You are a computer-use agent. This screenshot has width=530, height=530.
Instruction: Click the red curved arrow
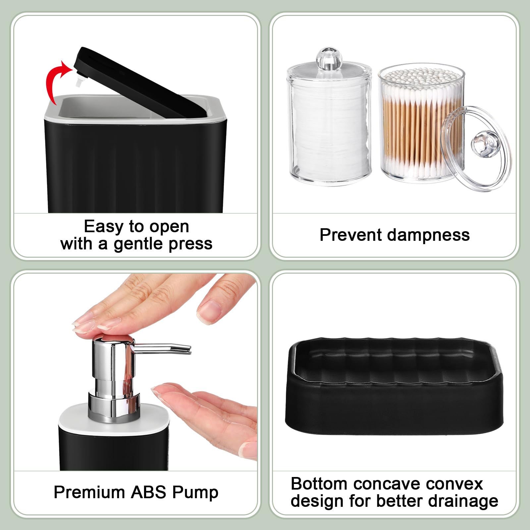click(53, 79)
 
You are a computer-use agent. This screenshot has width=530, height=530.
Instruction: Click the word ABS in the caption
click(148, 492)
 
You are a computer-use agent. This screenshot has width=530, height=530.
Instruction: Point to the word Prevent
click(351, 235)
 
